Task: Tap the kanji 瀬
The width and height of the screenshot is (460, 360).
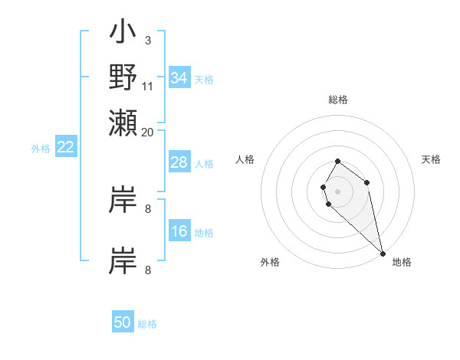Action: [123, 122]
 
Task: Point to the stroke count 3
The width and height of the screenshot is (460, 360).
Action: [148, 40]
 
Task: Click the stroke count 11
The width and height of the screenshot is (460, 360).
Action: [148, 86]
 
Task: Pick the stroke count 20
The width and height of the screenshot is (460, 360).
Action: [148, 132]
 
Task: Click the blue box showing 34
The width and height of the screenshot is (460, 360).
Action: [179, 77]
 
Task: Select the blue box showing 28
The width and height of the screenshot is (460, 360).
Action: [179, 162]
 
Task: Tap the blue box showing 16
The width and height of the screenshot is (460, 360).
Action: [179, 231]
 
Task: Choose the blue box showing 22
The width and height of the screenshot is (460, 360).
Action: [65, 148]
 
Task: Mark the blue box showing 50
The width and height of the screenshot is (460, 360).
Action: [123, 322]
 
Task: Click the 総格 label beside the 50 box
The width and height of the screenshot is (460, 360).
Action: [147, 324]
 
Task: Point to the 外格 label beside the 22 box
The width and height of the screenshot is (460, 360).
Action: [41, 149]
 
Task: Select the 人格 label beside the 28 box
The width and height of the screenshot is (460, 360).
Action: [204, 164]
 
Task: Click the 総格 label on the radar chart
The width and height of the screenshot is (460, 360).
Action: [338, 100]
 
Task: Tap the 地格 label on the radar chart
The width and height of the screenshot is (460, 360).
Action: [402, 262]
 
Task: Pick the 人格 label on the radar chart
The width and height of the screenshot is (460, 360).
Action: [245, 159]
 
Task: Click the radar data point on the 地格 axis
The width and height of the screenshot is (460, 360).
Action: [382, 253]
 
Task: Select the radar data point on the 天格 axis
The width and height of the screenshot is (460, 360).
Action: [367, 182]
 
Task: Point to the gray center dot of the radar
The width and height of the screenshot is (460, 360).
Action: [338, 191]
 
